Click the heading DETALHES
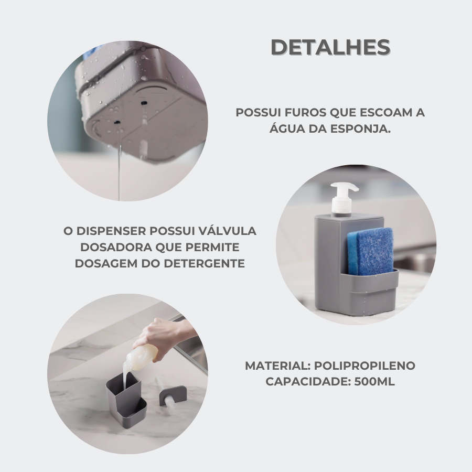tap(330, 47)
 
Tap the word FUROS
tap(306, 113)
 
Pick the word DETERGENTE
tap(205, 263)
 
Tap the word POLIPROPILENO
tap(364, 366)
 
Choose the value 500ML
tap(374, 382)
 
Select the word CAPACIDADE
tap(308, 382)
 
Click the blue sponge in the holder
tap(370, 251)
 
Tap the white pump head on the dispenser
tap(343, 198)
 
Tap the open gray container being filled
tap(126, 399)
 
